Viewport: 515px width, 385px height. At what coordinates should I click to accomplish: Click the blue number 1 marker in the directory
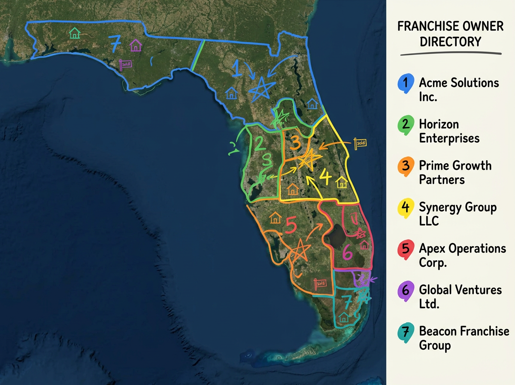tap(406, 82)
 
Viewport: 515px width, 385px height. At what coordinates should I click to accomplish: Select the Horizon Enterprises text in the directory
tap(449, 131)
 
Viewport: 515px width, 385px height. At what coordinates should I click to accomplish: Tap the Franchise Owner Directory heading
tap(450, 34)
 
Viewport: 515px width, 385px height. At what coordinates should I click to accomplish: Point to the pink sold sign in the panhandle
tap(126, 64)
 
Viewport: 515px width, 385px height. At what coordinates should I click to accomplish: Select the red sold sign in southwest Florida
tap(320, 283)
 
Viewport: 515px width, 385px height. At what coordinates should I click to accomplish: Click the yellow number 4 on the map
tap(325, 176)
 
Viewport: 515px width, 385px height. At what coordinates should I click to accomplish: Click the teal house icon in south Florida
tap(343, 318)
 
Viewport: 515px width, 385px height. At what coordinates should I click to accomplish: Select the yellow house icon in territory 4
tap(342, 182)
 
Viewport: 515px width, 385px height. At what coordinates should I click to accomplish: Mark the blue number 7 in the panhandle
tap(114, 43)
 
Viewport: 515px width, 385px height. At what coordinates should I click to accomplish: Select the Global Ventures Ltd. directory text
tap(460, 297)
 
